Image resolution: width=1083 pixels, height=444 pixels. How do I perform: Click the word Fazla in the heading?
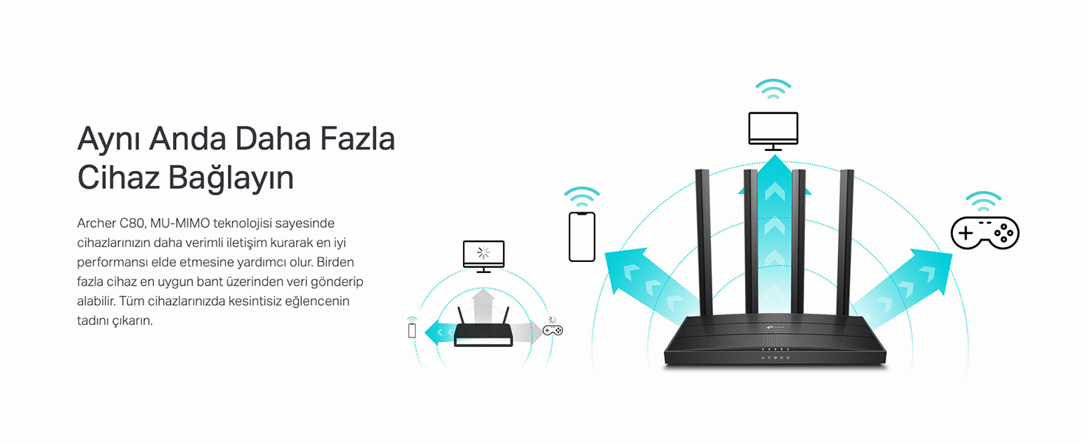click(x=358, y=139)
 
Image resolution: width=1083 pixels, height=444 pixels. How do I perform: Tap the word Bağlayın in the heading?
click(x=231, y=178)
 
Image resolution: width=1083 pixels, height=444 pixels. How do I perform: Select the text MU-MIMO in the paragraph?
click(x=180, y=223)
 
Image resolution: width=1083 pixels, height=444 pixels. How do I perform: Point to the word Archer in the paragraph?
click(x=96, y=223)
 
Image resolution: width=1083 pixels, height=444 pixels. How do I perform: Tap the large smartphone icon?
click(x=581, y=237)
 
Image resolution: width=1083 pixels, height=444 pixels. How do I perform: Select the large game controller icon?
click(x=985, y=233)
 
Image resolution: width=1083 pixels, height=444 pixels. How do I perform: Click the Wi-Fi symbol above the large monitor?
click(x=773, y=89)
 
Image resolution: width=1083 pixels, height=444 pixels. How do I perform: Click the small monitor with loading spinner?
click(x=484, y=256)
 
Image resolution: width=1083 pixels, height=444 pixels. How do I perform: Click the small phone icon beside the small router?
click(x=412, y=330)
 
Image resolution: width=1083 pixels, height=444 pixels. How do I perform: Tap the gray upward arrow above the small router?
click(x=483, y=306)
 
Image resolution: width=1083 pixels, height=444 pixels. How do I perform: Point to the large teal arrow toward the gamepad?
click(x=900, y=289)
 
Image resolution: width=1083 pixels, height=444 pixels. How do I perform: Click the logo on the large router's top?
click(x=774, y=327)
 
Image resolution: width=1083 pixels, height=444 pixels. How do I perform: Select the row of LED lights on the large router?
click(x=775, y=349)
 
